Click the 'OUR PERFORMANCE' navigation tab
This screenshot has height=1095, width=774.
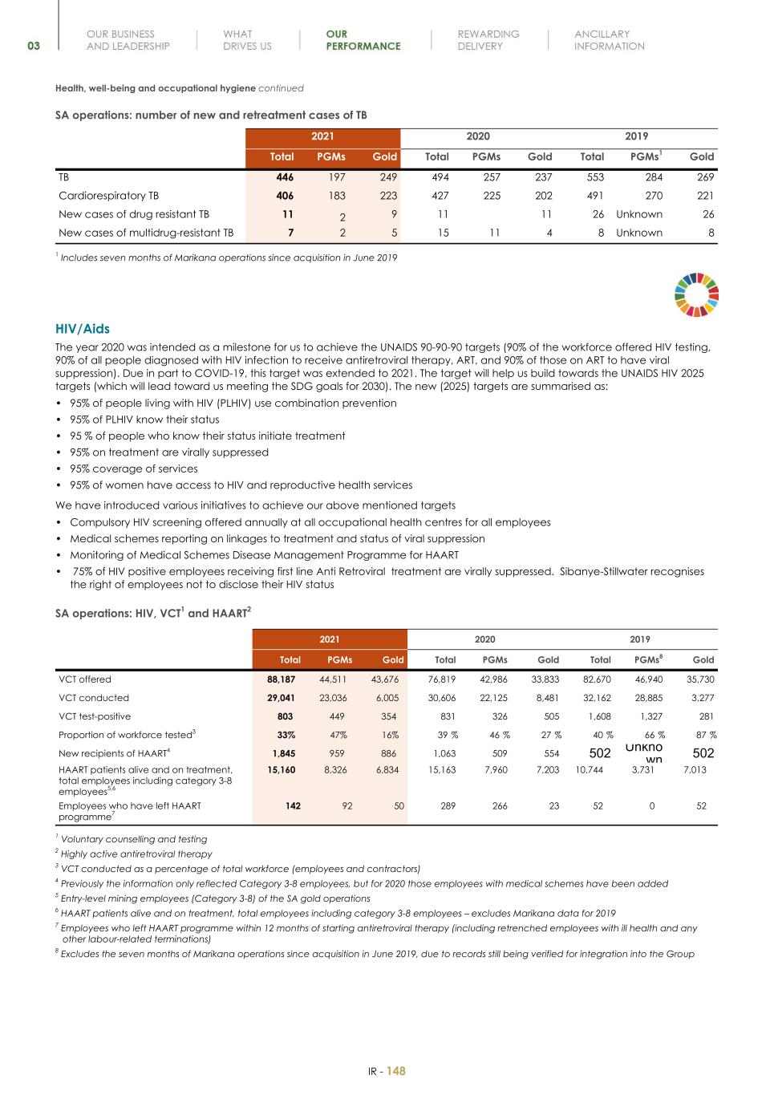pyautogui.click(x=363, y=40)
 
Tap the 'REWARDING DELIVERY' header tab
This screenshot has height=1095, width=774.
pyautogui.click(x=488, y=40)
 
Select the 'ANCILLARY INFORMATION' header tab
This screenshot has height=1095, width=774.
pyautogui.click(x=609, y=40)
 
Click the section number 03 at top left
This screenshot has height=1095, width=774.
pyautogui.click(x=33, y=47)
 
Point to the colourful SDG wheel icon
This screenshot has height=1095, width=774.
pyautogui.click(x=697, y=294)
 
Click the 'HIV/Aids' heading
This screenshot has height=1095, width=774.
pyautogui.click(x=83, y=329)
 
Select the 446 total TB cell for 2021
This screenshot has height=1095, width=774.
pyautogui.click(x=284, y=177)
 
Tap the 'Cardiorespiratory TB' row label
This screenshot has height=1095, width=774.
pyautogui.click(x=108, y=196)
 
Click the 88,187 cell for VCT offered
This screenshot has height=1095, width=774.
pyautogui.click(x=281, y=679)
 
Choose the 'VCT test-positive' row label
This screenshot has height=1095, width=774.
pyautogui.click(x=95, y=716)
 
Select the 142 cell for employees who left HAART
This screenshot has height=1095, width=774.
pyautogui.click(x=293, y=806)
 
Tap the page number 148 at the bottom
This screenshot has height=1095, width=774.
pyautogui.click(x=396, y=1071)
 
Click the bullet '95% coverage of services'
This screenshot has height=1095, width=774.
pyautogui.click(x=133, y=468)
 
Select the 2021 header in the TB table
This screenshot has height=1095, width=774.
pyautogui.click(x=322, y=136)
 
